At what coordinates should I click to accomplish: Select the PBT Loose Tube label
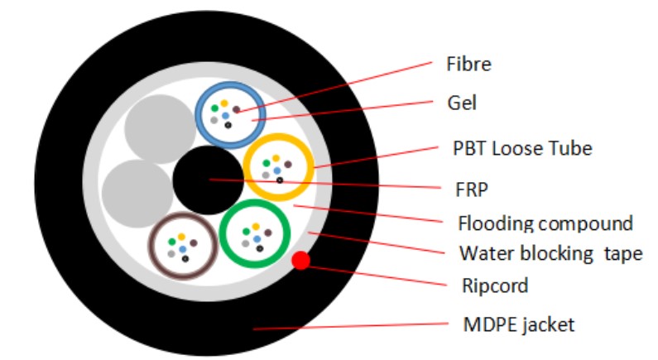click(x=522, y=149)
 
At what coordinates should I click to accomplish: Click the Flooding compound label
click(x=545, y=223)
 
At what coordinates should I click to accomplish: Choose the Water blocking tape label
click(x=550, y=253)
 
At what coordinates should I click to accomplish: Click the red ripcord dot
click(x=301, y=262)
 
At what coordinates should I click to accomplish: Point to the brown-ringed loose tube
click(x=182, y=245)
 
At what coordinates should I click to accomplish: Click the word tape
click(x=625, y=254)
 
